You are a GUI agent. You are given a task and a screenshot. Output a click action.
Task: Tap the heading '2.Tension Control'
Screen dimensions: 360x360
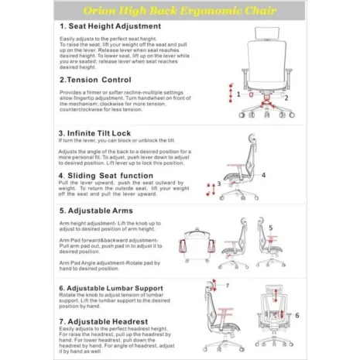95,79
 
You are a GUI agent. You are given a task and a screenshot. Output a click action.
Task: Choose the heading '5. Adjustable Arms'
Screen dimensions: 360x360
96,210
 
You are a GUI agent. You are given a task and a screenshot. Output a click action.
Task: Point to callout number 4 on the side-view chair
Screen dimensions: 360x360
263,175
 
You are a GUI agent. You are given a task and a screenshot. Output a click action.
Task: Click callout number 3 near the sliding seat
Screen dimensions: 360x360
219,183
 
